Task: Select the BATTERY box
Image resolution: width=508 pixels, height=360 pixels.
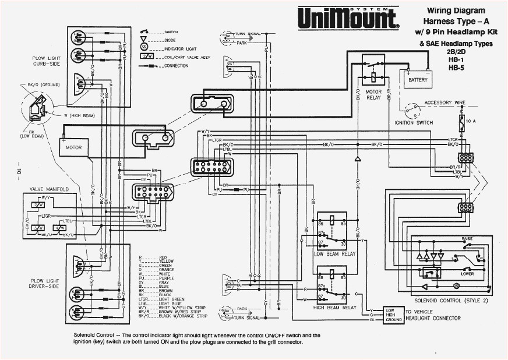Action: click(417, 79)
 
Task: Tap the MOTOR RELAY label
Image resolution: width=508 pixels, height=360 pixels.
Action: click(373, 94)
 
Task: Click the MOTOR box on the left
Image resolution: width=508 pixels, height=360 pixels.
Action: click(74, 148)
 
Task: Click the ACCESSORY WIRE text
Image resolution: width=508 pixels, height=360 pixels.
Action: click(444, 103)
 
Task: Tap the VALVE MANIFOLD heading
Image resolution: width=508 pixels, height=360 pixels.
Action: click(50, 189)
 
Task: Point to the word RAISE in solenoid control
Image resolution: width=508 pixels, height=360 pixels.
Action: click(467, 239)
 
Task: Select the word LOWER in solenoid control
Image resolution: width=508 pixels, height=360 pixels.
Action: click(467, 273)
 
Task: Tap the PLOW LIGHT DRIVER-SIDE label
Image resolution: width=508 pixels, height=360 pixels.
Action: click(45, 283)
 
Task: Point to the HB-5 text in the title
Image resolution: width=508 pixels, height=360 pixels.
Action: click(456, 68)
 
